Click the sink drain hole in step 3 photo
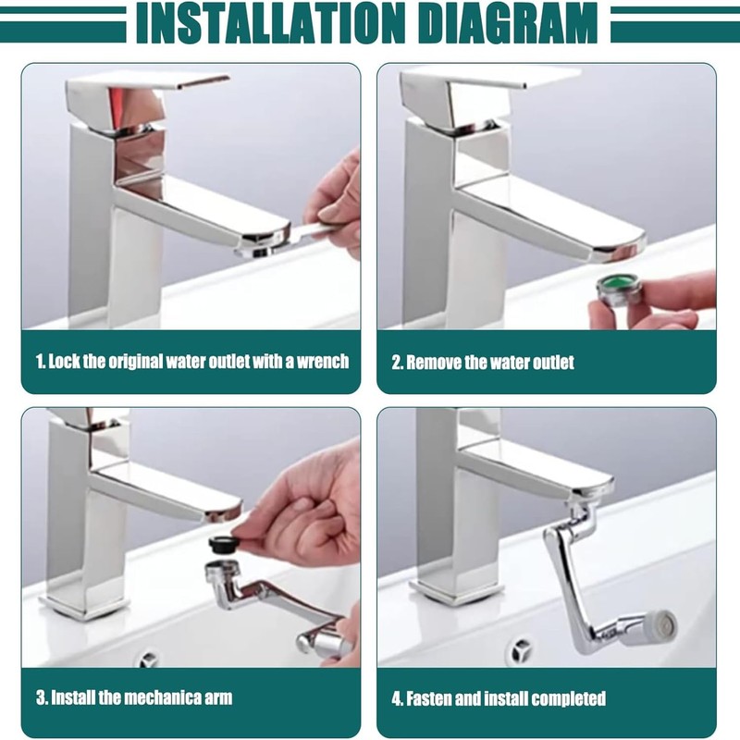tap(148, 660)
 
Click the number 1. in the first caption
tap(40, 361)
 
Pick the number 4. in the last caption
tap(398, 698)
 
